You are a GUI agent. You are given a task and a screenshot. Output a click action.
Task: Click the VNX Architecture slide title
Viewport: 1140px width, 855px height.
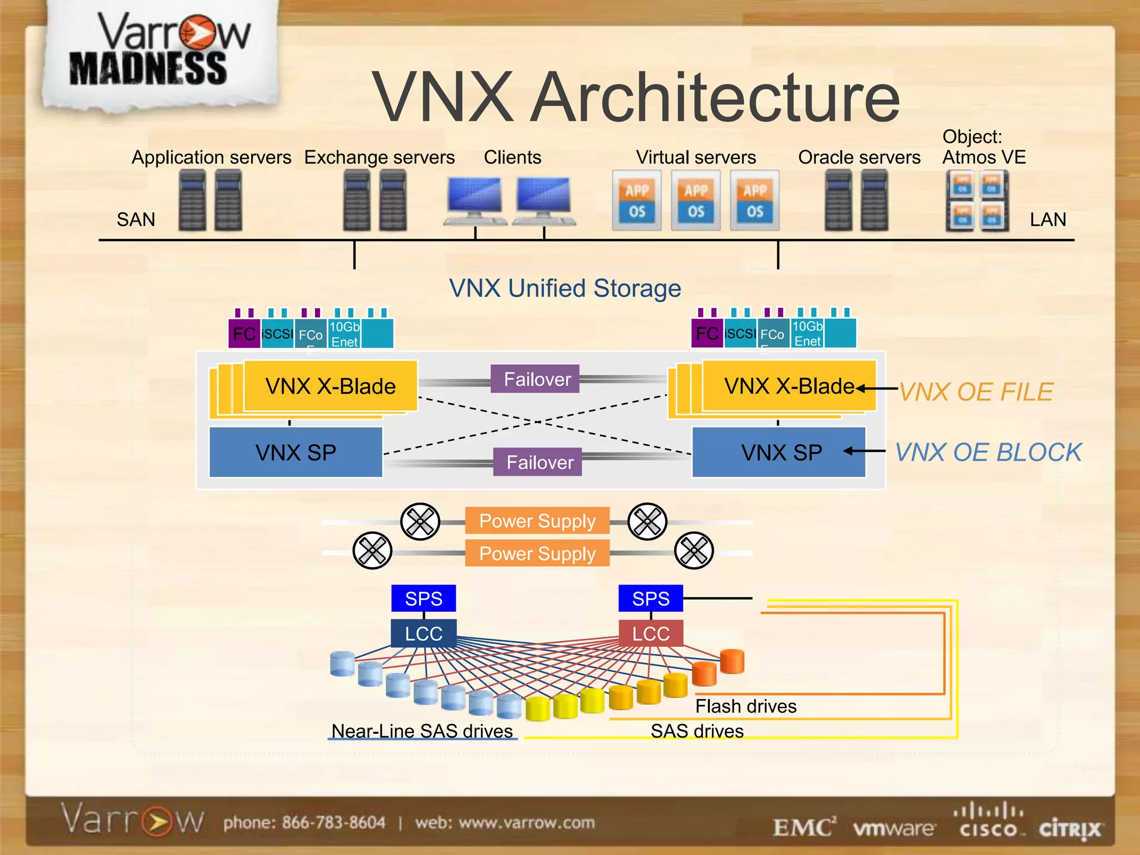pyautogui.click(x=635, y=97)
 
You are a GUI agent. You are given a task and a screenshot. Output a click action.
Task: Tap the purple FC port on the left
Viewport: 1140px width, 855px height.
pyautogui.click(x=244, y=333)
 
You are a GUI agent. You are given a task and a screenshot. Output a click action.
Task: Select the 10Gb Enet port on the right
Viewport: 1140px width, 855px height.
pyautogui.click(x=807, y=333)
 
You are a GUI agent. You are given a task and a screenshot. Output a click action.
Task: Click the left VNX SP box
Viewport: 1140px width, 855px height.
pyautogui.click(x=296, y=453)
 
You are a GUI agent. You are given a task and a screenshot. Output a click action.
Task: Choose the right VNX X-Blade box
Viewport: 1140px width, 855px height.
pyautogui.click(x=789, y=386)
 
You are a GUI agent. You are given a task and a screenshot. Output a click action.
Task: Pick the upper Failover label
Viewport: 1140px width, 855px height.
pyautogui.click(x=537, y=379)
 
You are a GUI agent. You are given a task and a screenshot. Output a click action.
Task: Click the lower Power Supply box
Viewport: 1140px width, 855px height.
pyautogui.click(x=537, y=553)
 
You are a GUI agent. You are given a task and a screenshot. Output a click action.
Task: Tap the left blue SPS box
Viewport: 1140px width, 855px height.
pyautogui.click(x=423, y=598)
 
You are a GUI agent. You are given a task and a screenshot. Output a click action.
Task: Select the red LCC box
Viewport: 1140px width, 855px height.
pyautogui.click(x=650, y=633)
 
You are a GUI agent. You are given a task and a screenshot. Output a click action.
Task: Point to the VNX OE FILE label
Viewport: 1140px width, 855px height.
pyautogui.click(x=976, y=392)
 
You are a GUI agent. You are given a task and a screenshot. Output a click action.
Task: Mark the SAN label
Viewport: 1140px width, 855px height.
pyautogui.click(x=136, y=220)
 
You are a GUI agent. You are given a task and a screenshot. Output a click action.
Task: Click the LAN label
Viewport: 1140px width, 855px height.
pyautogui.click(x=1048, y=220)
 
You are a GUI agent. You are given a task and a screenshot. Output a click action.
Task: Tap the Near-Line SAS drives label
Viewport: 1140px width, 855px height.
pyautogui.click(x=422, y=731)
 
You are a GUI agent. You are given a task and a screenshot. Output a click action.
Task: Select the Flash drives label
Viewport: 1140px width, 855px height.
pyautogui.click(x=745, y=706)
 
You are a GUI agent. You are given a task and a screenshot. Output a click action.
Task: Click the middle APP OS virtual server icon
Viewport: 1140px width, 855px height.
pyautogui.click(x=696, y=201)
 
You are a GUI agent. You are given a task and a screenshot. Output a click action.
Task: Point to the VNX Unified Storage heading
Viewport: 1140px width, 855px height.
pyautogui.click(x=565, y=288)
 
